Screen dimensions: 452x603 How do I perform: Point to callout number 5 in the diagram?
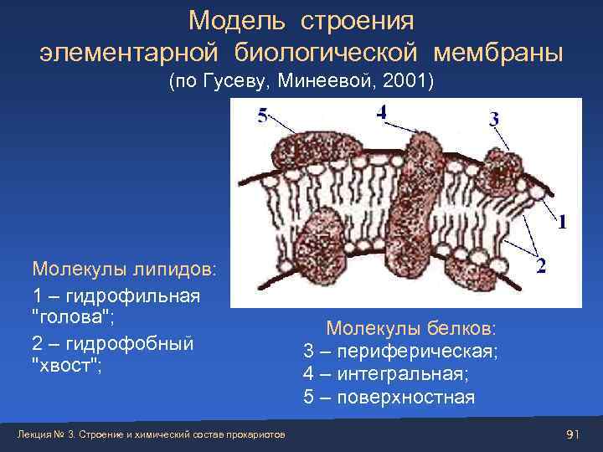pyautogui.click(x=262, y=117)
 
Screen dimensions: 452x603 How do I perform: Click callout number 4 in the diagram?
pyautogui.click(x=381, y=112)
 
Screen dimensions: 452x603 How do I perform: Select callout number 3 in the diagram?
pyautogui.click(x=494, y=120)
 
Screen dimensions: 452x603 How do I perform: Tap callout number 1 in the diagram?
pyautogui.click(x=561, y=222)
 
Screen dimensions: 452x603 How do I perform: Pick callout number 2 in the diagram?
pyautogui.click(x=542, y=265)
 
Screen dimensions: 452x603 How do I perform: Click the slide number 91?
pyautogui.click(x=573, y=434)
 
